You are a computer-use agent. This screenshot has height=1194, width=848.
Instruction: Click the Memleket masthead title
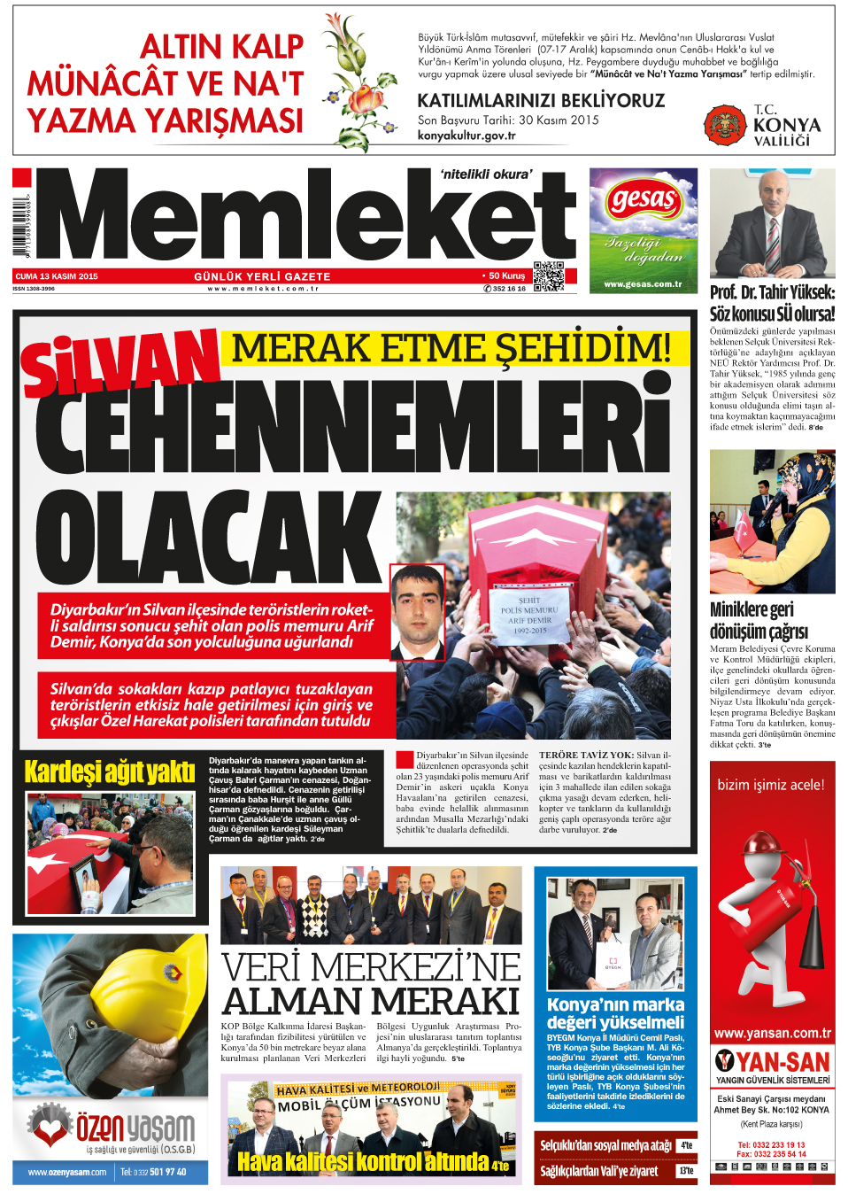pyautogui.click(x=305, y=217)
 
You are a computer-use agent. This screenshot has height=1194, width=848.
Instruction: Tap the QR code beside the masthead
pyautogui.click(x=548, y=276)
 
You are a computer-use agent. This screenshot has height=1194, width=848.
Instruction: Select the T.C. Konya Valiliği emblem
pyautogui.click(x=725, y=125)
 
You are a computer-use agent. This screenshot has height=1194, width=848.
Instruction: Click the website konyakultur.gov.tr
pyautogui.click(x=466, y=136)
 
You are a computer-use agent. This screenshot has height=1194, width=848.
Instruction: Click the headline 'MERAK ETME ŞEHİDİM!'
pyautogui.click(x=451, y=348)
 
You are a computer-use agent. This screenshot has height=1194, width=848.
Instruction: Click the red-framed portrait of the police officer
pyautogui.click(x=417, y=613)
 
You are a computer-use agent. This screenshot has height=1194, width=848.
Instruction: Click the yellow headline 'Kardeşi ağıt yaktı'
pyautogui.click(x=110, y=771)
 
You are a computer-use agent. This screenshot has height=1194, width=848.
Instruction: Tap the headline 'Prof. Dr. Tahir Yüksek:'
pyautogui.click(x=772, y=292)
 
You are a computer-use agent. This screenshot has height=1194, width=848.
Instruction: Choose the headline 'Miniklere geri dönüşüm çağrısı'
pyautogui.click(x=759, y=620)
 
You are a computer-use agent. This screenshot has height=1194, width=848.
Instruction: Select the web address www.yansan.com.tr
pyautogui.click(x=772, y=1033)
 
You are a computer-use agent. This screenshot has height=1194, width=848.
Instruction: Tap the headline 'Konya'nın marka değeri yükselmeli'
pyautogui.click(x=615, y=1013)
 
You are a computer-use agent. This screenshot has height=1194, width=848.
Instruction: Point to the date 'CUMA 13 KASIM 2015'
pyautogui.click(x=57, y=276)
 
